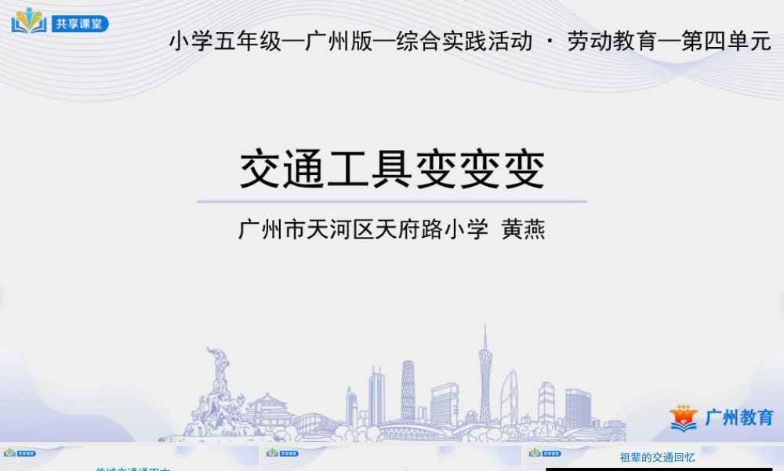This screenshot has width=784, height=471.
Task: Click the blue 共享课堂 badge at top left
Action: (80, 24)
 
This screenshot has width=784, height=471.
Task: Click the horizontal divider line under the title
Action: (392, 202)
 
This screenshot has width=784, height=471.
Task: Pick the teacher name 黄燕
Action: (523, 230)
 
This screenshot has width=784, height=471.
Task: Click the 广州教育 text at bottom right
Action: (739, 418)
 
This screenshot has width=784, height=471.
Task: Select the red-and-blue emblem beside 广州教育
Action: (684, 418)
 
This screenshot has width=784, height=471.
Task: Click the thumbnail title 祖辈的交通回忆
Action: (657, 457)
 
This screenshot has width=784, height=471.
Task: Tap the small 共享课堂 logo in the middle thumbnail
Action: (282, 453)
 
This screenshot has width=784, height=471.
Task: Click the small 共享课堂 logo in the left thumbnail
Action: (20, 453)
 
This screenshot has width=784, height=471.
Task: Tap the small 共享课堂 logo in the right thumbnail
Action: (545, 453)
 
